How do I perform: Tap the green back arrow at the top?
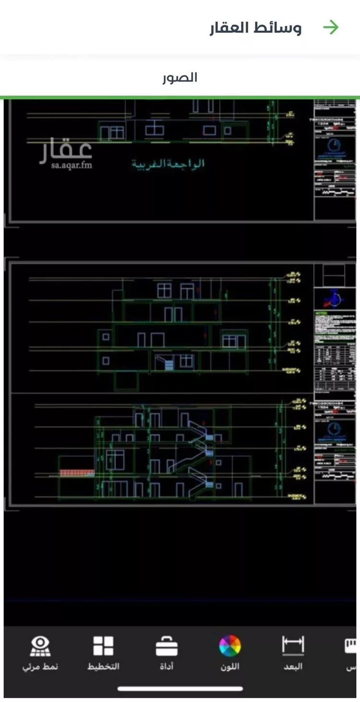tap(331, 28)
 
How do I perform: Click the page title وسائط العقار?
tap(255, 28)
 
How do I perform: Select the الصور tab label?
tap(180, 77)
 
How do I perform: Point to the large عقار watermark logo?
tap(66, 150)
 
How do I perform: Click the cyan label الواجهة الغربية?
tap(168, 164)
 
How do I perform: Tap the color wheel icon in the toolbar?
tap(230, 646)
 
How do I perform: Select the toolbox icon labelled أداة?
tap(167, 647)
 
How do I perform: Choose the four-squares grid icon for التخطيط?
tap(103, 646)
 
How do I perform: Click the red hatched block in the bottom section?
tap(77, 473)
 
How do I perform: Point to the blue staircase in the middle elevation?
tap(168, 365)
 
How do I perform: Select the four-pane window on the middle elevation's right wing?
tap(229, 341)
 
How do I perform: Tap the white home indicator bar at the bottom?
tap(180, 689)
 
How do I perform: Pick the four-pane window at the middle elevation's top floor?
tap(164, 290)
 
